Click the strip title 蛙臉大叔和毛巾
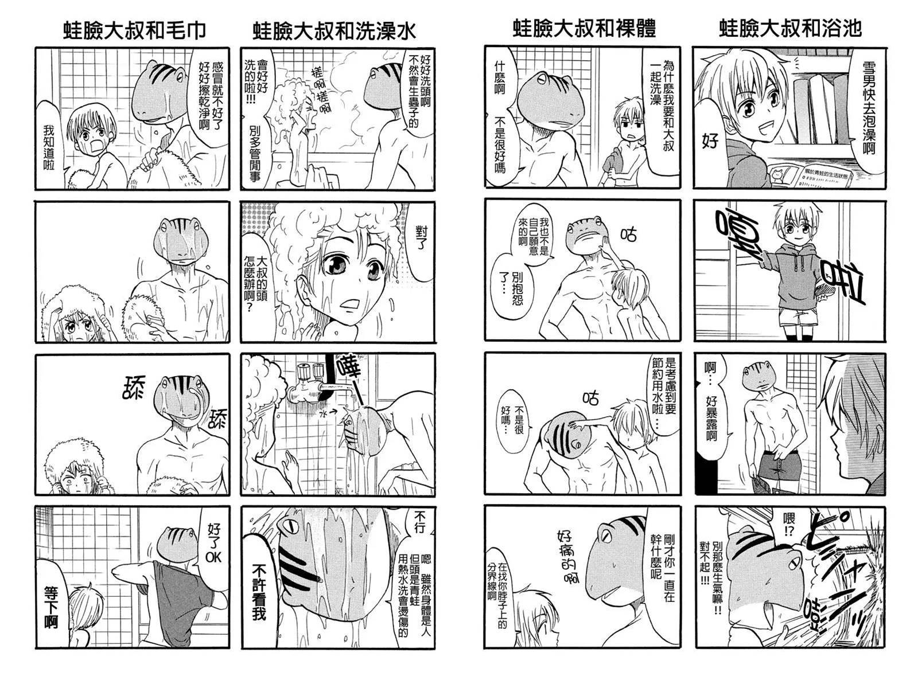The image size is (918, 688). (x=134, y=30)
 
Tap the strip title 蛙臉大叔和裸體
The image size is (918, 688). (x=584, y=29)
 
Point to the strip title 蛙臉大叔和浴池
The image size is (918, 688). (x=790, y=29)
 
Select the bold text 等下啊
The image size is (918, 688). (x=50, y=607)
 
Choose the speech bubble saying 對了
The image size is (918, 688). (x=421, y=239)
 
